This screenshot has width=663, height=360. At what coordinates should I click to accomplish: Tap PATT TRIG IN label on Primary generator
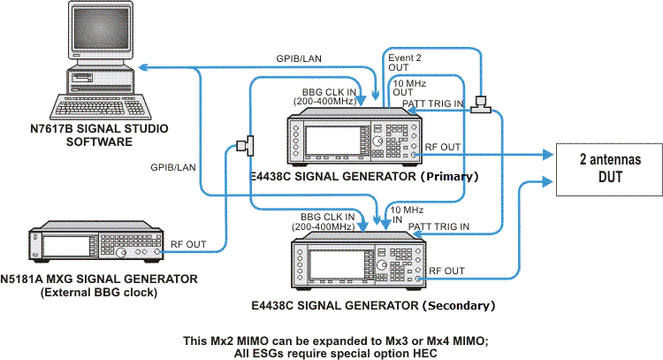tap(432, 104)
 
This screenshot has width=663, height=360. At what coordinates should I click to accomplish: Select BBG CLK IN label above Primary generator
tap(327, 96)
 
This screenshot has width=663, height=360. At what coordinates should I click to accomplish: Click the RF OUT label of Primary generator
tap(443, 147)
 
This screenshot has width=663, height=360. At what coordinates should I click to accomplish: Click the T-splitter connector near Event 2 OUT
tap(482, 104)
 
